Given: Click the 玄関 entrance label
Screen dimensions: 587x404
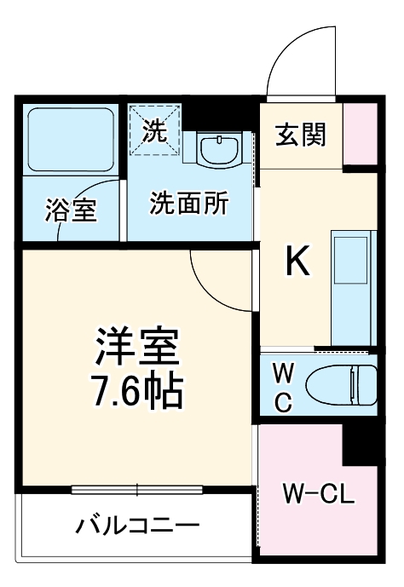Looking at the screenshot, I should click(301, 135).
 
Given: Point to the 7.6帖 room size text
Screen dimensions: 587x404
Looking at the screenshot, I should click(136, 390).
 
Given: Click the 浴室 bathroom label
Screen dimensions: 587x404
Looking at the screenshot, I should click(71, 209).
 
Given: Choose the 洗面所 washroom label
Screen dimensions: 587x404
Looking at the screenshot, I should click(189, 204).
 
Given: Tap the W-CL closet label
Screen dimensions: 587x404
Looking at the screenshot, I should click(317, 492).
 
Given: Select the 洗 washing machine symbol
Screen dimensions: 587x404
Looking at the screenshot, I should click(154, 130).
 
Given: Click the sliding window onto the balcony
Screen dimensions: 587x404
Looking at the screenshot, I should click(136, 489).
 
